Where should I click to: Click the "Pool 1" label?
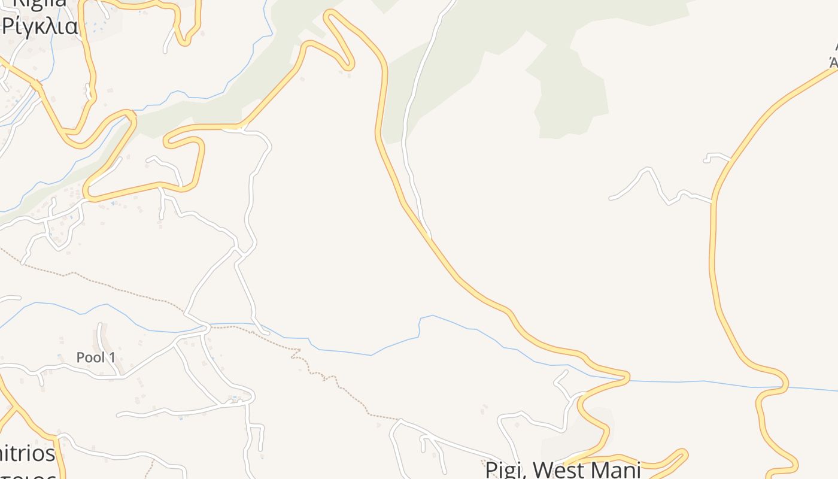[x=96, y=357]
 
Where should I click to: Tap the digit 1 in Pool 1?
[x=112, y=357]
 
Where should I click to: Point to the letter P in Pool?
[x=80, y=357]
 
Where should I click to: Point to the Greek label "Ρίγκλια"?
[x=41, y=26]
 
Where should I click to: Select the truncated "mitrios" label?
[x=28, y=453]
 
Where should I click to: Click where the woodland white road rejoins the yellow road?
[x=429, y=236]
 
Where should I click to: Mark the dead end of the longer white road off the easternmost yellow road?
[x=611, y=198]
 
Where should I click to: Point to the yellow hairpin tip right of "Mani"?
[x=684, y=453]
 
